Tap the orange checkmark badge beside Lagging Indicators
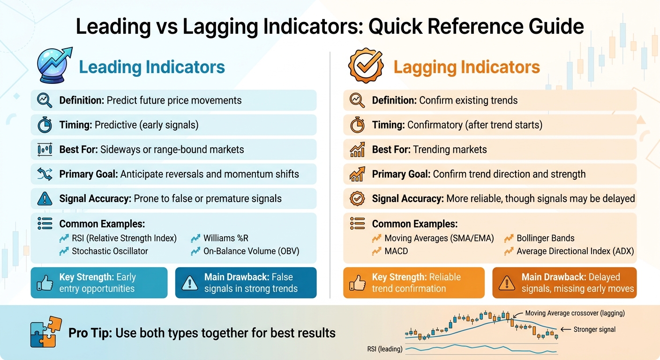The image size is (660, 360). [x=366, y=67]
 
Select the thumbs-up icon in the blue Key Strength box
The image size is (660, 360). [x=45, y=283]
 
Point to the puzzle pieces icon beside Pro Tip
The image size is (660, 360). [x=45, y=332]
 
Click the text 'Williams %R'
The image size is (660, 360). [x=226, y=238]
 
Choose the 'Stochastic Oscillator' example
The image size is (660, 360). [x=110, y=251]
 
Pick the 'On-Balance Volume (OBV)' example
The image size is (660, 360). [x=251, y=251]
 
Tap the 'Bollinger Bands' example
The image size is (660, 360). [x=545, y=238]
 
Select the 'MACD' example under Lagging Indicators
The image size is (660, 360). [x=396, y=251]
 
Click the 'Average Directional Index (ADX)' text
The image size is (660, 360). [x=575, y=251]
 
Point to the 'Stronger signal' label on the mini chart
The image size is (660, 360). [x=594, y=330]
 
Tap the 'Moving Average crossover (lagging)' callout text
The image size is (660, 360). [x=575, y=313]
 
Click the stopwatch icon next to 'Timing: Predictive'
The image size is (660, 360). [x=45, y=125]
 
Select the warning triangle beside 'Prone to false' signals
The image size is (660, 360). [x=45, y=199]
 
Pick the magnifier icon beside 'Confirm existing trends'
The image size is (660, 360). [x=357, y=100]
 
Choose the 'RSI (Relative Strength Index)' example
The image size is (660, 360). [x=124, y=238]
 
